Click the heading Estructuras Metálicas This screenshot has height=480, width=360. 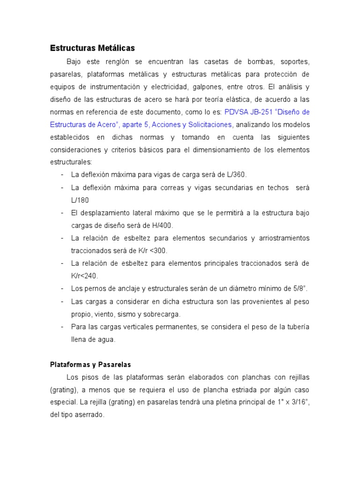pyautogui.click(x=92, y=48)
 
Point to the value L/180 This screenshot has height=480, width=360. pyautogui.click(x=80, y=200)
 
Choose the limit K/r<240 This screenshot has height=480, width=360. pyautogui.click(x=84, y=276)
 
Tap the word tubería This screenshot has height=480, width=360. pyautogui.click(x=296, y=326)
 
